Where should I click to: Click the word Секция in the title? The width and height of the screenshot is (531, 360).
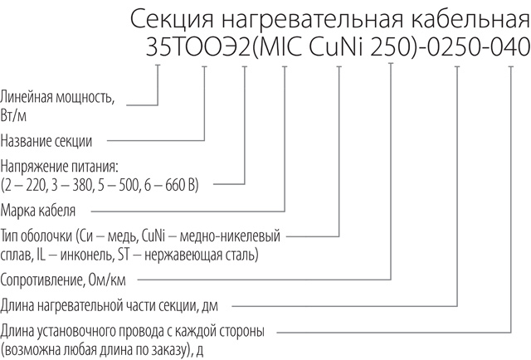coord(172,19)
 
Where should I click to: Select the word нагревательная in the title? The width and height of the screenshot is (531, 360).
coord(313,19)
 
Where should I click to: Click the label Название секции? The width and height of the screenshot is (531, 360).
coord(46,140)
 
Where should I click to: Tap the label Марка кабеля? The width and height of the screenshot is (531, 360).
coord(37,211)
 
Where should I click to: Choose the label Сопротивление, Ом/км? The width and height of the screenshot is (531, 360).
coord(63,280)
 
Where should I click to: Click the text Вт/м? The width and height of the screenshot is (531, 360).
coord(13,116)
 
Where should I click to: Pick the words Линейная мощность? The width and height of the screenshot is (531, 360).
coord(57,98)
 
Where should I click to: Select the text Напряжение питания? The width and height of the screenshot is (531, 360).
coord(59,167)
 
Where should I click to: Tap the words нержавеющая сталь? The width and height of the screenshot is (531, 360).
coord(200,255)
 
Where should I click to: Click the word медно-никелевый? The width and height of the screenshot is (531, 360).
coord(230,236)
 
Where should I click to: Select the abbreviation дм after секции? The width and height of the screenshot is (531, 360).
coord(210,306)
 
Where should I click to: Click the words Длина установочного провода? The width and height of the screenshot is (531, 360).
coord(81,331)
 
